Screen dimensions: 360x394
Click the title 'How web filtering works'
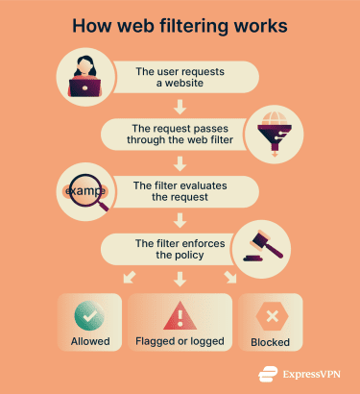coord(180,25)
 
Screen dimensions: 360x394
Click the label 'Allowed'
coord(88,340)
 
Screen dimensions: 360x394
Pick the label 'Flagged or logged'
coord(180,340)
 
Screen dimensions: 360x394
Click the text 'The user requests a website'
coord(182,76)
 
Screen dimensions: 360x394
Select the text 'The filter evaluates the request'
coord(182,190)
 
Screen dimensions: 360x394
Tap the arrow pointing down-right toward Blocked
coord(230,278)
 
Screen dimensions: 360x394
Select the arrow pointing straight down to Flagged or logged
coord(180,279)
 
